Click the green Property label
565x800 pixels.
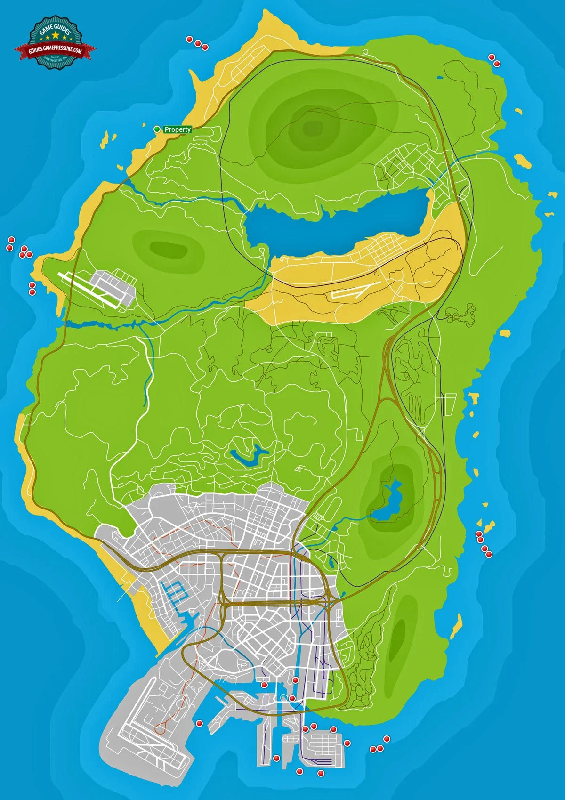click(178, 129)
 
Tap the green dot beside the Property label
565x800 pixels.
click(157, 129)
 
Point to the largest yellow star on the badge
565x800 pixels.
click(56, 37)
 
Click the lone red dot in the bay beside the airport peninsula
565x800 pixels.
click(199, 723)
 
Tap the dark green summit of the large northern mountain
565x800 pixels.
click(311, 126)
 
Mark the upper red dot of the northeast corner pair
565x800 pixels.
click(492, 57)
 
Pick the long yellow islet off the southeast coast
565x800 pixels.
click(456, 626)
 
